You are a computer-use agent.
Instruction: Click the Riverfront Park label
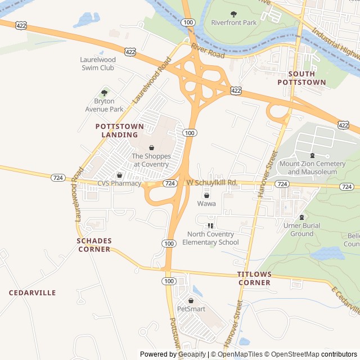click(x=233, y=23)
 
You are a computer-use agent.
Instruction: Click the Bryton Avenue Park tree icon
click(x=104, y=93)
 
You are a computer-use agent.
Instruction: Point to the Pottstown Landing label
click(x=116, y=130)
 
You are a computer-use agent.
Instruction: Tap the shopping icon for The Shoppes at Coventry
click(x=151, y=147)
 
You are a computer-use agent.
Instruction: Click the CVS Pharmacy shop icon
click(x=119, y=175)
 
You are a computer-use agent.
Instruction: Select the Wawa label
click(x=206, y=204)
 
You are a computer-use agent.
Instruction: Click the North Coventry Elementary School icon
click(x=210, y=226)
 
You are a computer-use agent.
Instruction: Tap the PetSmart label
click(x=191, y=309)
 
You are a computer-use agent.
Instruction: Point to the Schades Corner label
click(x=94, y=245)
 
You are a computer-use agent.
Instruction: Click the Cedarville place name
click(x=32, y=293)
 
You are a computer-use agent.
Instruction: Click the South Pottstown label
click(x=301, y=78)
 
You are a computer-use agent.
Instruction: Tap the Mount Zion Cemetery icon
click(x=312, y=155)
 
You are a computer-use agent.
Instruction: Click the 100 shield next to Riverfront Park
click(x=188, y=22)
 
